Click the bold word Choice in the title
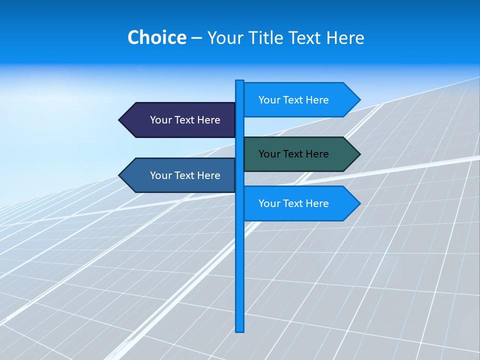(x=156, y=37)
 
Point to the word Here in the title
(x=345, y=37)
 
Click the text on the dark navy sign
(x=185, y=120)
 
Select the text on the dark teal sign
(x=293, y=154)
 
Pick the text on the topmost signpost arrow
(x=293, y=100)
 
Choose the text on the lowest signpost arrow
(x=293, y=203)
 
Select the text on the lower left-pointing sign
(x=185, y=175)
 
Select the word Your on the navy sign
(x=160, y=120)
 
